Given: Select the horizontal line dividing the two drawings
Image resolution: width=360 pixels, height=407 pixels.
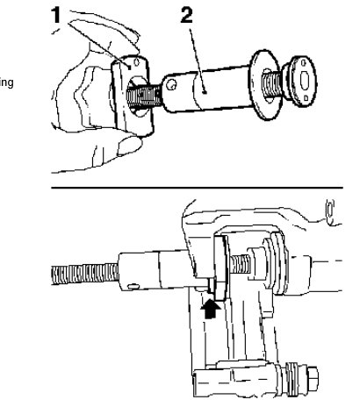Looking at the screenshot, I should click(202, 187).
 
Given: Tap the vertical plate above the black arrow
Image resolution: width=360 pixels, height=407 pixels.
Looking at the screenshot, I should click(219, 263).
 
